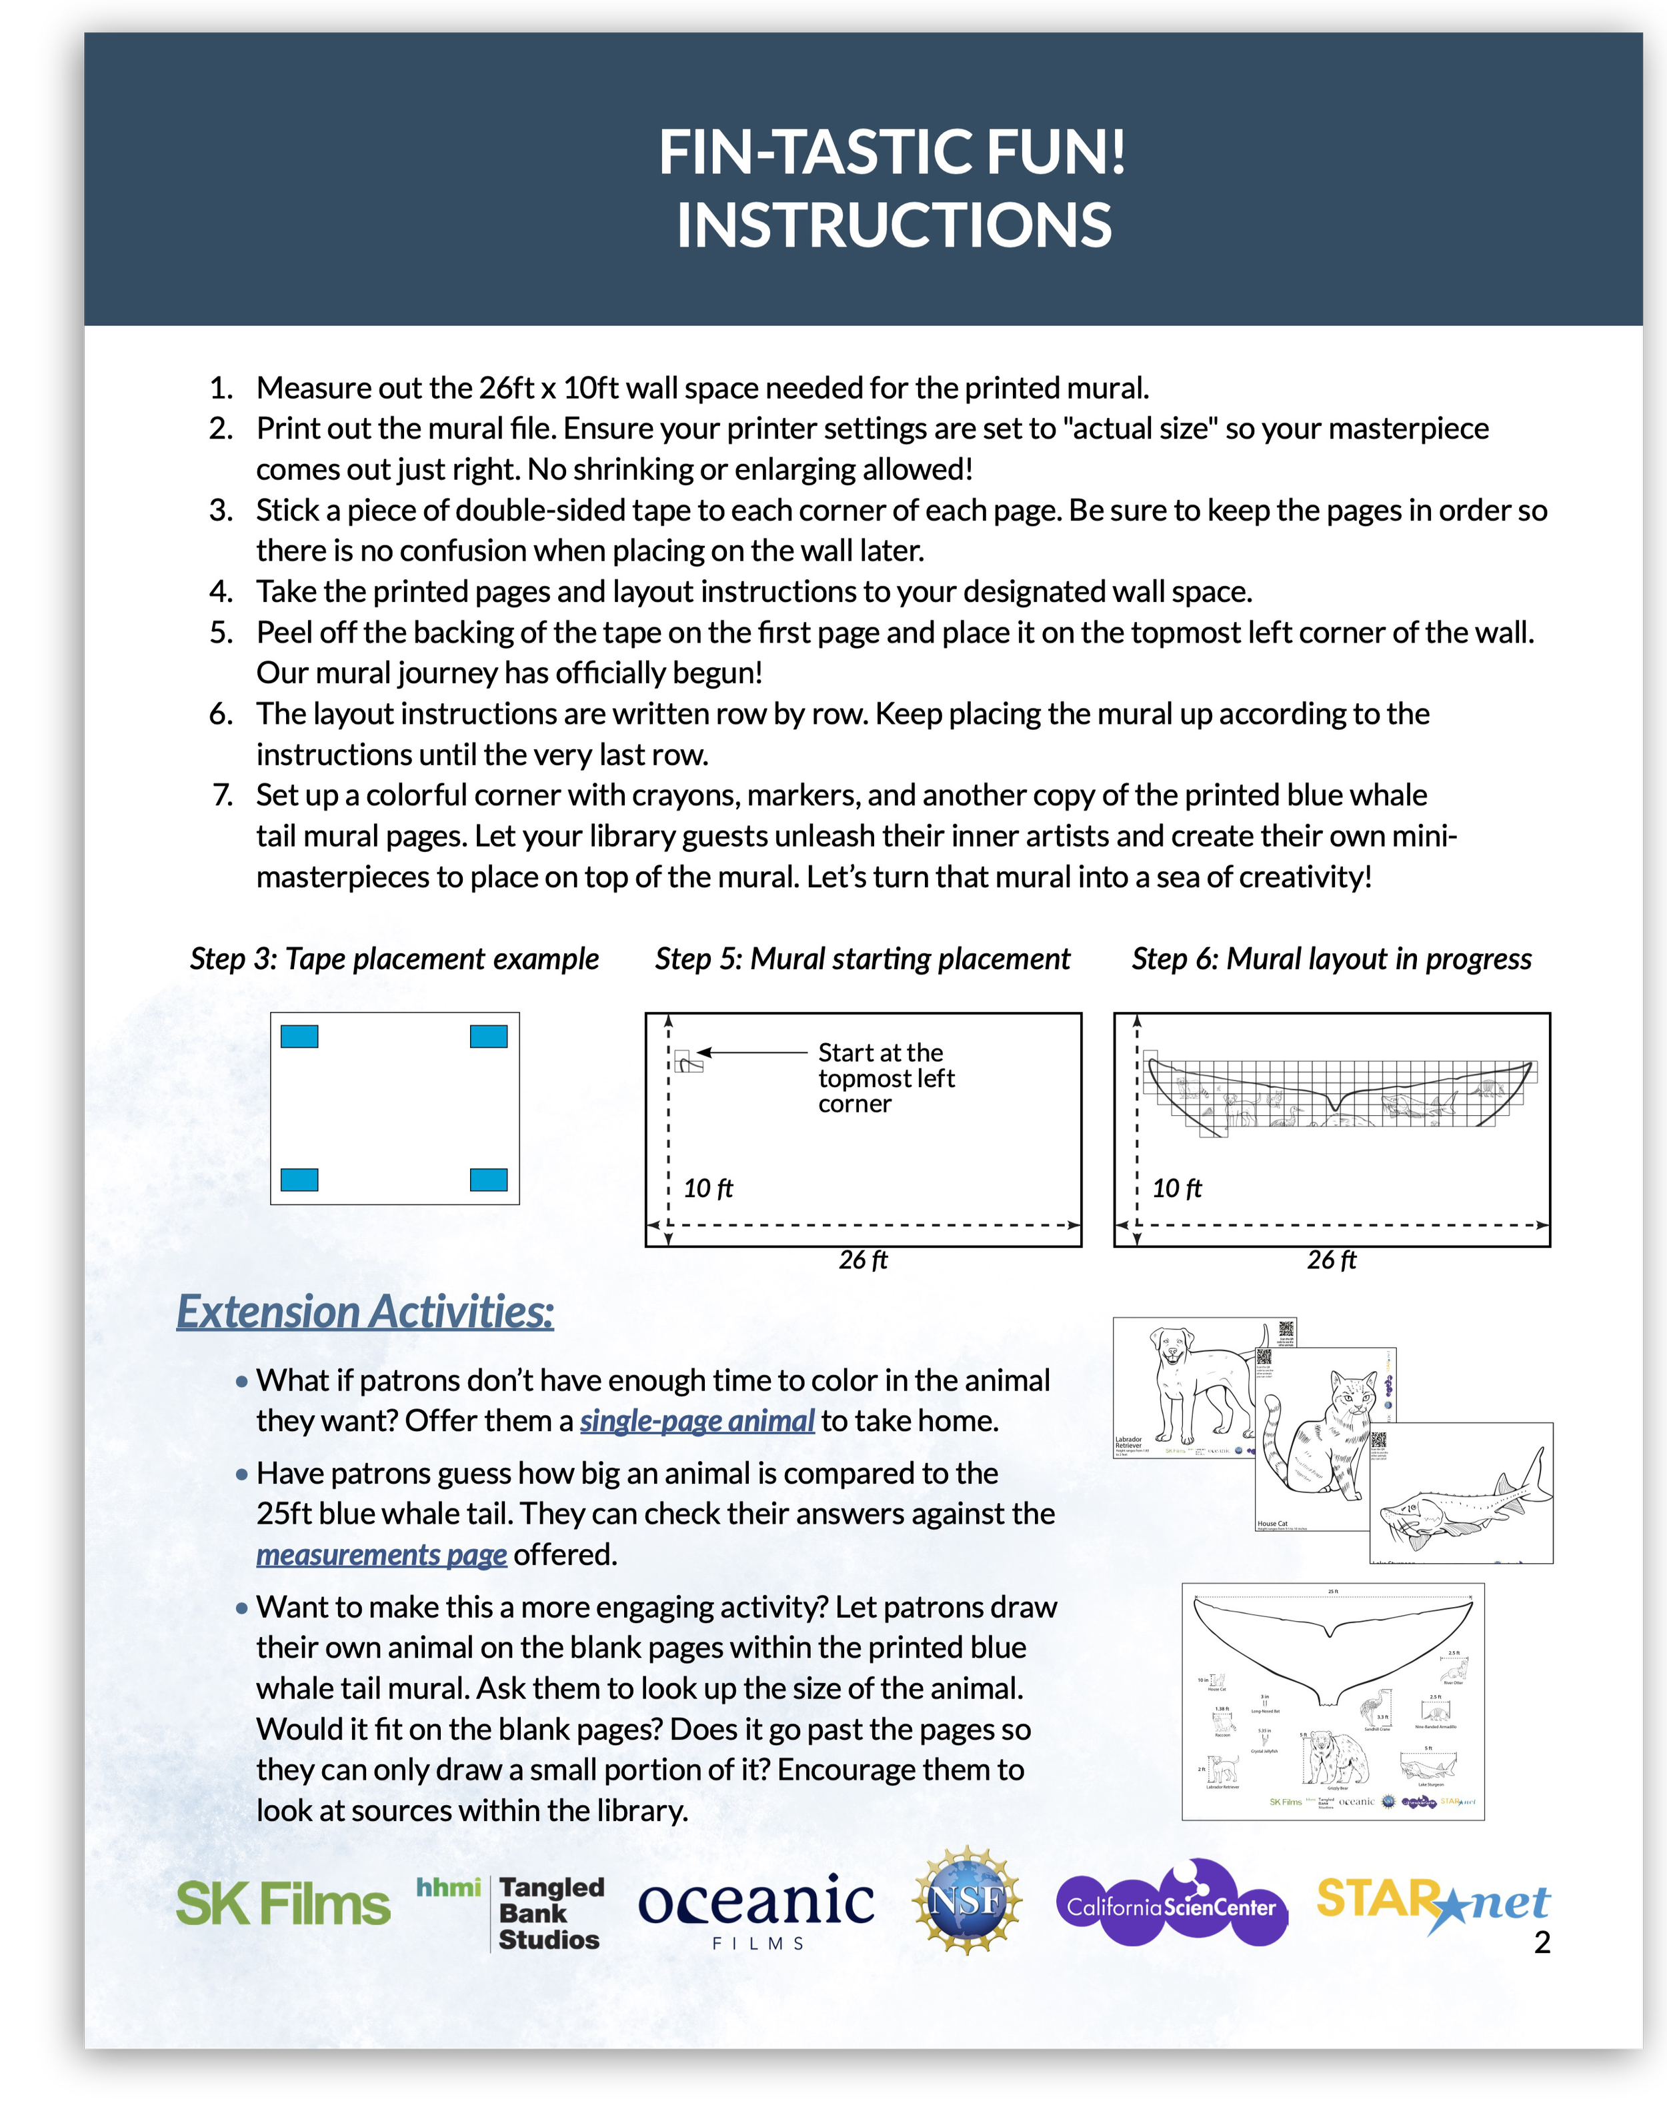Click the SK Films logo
(283, 1904)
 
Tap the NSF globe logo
(966, 1900)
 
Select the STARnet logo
(1432, 1902)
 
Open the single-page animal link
(697, 1420)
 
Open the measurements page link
(381, 1554)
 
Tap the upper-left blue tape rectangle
(299, 1036)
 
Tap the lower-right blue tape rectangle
(488, 1180)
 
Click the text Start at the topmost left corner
(886, 1078)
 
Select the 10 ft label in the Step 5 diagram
(707, 1188)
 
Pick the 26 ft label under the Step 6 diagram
(1331, 1260)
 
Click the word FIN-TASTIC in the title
(800, 153)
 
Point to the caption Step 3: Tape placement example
(394, 959)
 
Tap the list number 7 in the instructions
(223, 795)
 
